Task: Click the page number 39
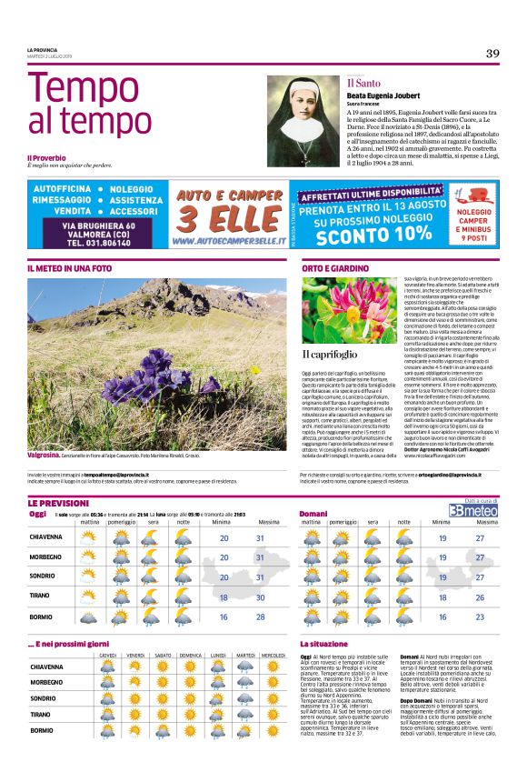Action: (492, 53)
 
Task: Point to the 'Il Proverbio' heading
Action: (46, 157)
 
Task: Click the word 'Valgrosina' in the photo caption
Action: (44, 453)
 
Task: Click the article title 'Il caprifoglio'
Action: (329, 353)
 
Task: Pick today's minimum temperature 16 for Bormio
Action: (224, 617)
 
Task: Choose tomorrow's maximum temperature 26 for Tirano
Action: (480, 597)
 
